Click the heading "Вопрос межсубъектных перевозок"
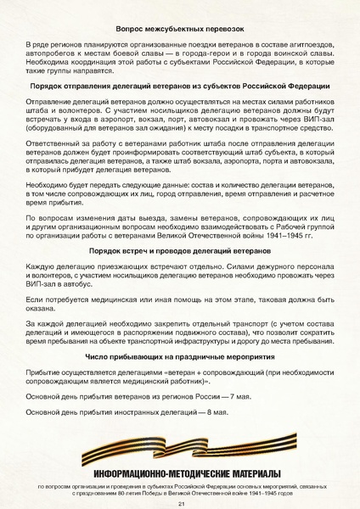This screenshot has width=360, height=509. tap(179, 29)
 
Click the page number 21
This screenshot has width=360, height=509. tap(180, 503)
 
